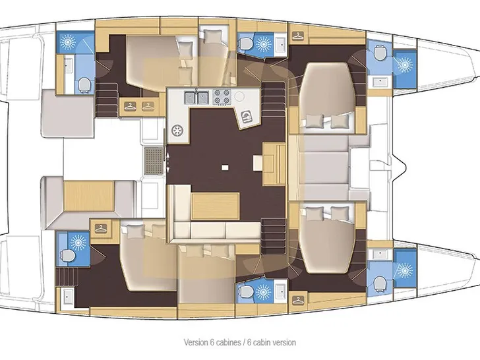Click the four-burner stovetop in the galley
click(x=222, y=97)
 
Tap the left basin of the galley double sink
click(x=190, y=98)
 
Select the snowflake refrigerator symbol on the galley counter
click(x=177, y=131)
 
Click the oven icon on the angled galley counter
click(x=247, y=117)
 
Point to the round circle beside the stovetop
click(x=239, y=97)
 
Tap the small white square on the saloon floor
click(x=225, y=167)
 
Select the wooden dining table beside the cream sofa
click(x=215, y=206)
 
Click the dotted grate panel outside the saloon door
click(x=154, y=161)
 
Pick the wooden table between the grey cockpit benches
click(x=89, y=196)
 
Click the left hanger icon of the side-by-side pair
click(x=130, y=106)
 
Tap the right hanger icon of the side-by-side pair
click(x=148, y=106)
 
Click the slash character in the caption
click(x=244, y=342)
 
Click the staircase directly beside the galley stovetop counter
click(x=274, y=99)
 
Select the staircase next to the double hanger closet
click(x=107, y=100)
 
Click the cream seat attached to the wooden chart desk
click(x=258, y=162)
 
